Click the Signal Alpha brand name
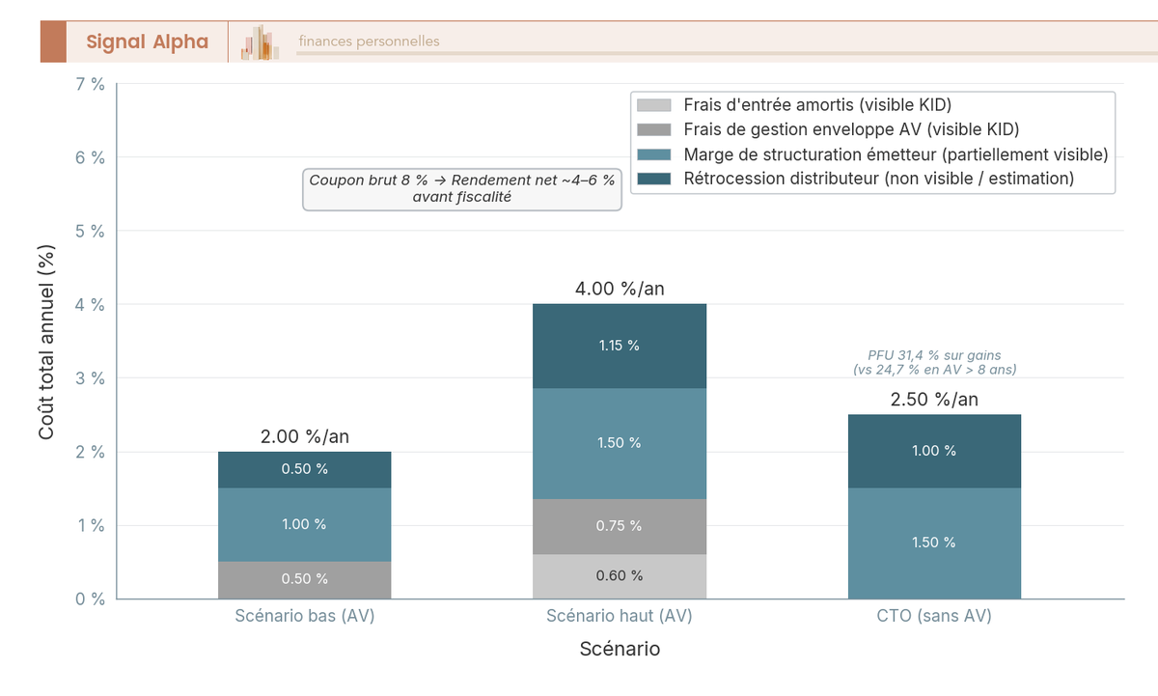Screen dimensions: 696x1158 (147, 42)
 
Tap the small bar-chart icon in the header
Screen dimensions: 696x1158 (260, 42)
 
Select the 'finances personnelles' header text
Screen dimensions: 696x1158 (369, 42)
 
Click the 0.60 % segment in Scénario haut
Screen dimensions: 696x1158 (620, 576)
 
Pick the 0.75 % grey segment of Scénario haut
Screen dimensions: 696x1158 (620, 526)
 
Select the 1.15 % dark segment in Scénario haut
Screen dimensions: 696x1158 (620, 346)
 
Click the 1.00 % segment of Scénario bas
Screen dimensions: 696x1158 (304, 524)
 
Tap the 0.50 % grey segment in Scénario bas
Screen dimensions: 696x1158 (304, 579)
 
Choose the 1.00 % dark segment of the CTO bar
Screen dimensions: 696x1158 (934, 451)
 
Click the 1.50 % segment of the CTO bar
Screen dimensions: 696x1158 (934, 543)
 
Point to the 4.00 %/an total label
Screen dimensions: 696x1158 (620, 289)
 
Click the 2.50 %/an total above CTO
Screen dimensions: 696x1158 (934, 400)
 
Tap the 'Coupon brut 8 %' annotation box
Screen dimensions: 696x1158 (461, 188)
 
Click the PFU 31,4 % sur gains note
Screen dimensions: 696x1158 (934, 362)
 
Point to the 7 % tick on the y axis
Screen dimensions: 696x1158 (90, 84)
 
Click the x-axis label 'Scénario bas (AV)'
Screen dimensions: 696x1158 (304, 616)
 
